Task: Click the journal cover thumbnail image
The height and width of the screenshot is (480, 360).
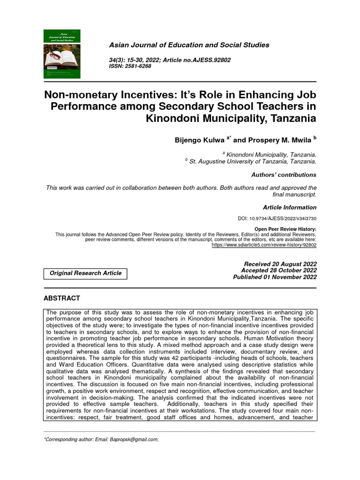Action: [61, 53]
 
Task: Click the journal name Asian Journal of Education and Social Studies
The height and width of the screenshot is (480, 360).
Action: [189, 45]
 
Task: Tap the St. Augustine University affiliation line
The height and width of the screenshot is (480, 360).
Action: [252, 162]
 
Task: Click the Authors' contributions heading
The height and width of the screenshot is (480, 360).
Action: [284, 175]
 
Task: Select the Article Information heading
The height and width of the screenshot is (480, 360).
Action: [289, 207]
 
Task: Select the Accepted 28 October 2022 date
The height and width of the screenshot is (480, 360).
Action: [278, 270]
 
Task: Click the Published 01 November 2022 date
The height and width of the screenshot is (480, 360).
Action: [275, 277]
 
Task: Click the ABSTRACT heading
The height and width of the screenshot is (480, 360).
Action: [61, 298]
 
